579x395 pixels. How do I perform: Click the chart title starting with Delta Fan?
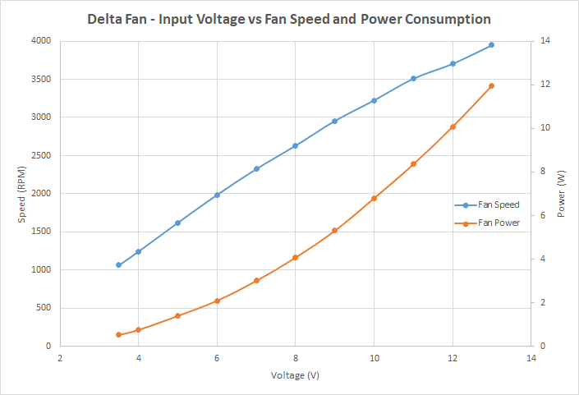coord(289,18)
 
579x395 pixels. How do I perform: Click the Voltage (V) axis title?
coord(295,375)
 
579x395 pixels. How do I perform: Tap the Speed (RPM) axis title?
coord(22,194)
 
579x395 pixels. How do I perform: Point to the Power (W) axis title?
coord(561,194)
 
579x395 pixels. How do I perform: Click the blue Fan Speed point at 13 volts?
coord(491,45)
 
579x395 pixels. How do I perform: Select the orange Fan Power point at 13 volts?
coord(491,85)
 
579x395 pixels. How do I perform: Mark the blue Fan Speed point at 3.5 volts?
coord(119,265)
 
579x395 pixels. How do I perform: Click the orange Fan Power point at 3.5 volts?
coord(119,334)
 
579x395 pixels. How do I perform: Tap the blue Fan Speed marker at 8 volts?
coord(295,146)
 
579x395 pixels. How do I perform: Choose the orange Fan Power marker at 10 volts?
coord(374,198)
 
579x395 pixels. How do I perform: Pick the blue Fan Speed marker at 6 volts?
coord(217,195)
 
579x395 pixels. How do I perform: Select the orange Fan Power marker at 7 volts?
coord(256,281)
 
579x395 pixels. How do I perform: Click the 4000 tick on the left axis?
coord(40,41)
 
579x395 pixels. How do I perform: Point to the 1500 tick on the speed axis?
coord(40,232)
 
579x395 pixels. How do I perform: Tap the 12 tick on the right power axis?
coord(545,85)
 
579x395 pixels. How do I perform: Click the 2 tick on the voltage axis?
coord(60,358)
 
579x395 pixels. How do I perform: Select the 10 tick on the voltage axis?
coord(374,358)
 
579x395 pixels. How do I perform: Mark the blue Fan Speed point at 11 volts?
coord(413,79)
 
